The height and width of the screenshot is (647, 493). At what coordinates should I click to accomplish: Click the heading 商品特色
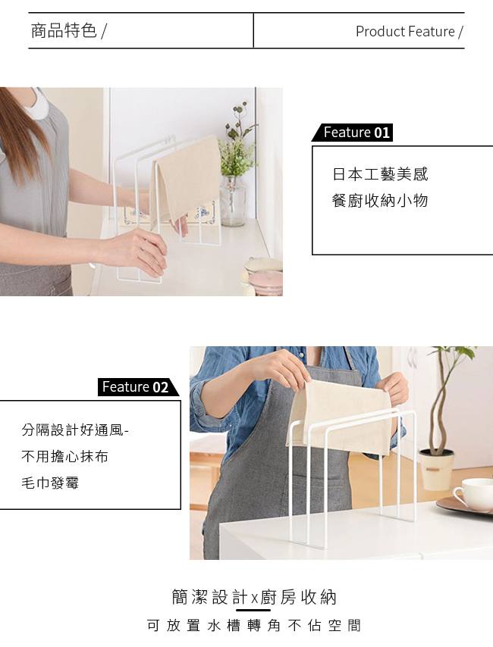tap(64, 30)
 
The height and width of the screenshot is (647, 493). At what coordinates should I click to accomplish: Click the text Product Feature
tap(405, 31)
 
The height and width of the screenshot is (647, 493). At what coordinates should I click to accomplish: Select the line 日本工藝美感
tap(380, 174)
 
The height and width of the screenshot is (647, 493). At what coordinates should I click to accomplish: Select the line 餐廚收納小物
tap(380, 201)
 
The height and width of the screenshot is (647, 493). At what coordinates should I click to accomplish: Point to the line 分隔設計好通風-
tap(75, 430)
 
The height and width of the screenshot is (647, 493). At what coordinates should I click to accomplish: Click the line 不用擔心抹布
tap(65, 456)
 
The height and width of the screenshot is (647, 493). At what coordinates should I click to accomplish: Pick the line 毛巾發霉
tap(50, 483)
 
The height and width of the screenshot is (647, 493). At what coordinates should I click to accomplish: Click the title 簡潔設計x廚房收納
tap(254, 597)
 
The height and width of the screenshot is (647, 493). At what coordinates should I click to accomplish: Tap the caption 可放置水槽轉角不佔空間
tap(254, 626)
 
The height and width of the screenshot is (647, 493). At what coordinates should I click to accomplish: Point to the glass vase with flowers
tap(233, 201)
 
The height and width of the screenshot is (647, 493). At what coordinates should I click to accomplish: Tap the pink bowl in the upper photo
tap(265, 283)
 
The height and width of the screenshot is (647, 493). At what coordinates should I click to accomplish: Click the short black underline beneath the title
tap(253, 609)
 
